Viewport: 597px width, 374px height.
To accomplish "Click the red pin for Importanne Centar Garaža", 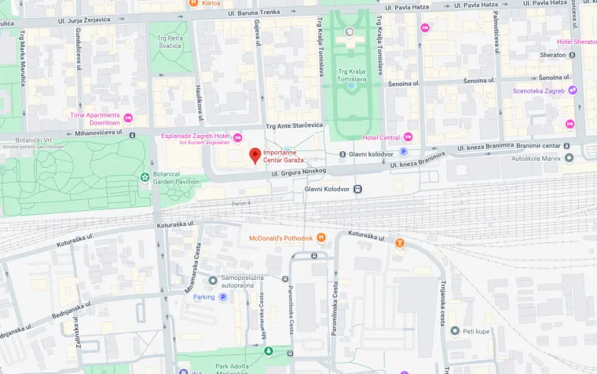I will click(x=255, y=154).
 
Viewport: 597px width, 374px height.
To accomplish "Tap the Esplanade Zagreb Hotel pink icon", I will click(x=237, y=138).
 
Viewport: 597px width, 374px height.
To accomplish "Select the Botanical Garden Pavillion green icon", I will click(x=145, y=177).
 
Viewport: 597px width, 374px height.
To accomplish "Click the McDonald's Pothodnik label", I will click(x=280, y=238).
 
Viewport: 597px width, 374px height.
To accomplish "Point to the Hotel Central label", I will click(x=381, y=138).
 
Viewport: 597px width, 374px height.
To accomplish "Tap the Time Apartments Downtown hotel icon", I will click(x=128, y=118).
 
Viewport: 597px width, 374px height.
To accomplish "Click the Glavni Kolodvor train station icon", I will click(x=357, y=189).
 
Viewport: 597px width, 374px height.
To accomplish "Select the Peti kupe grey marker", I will click(x=455, y=330).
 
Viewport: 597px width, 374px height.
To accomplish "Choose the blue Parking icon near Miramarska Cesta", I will click(x=222, y=297).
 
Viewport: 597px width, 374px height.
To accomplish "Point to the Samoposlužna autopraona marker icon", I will click(x=212, y=280).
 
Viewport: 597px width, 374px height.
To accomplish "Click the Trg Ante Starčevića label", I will click(x=294, y=125).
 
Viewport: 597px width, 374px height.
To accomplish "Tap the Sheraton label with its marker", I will click(x=553, y=55).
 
